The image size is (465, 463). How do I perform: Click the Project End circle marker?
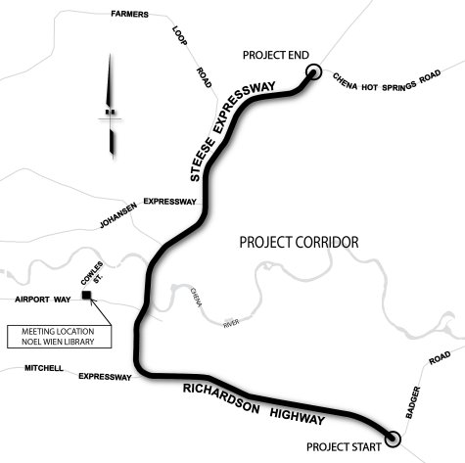tap(313, 71)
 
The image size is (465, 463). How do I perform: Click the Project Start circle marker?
tap(393, 439)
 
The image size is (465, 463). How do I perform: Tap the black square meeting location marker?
tap(86, 295)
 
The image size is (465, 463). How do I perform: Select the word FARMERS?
tap(129, 14)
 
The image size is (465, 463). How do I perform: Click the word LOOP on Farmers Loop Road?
tap(179, 36)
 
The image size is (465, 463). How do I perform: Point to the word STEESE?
tap(203, 160)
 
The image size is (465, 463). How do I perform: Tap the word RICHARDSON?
tap(221, 398)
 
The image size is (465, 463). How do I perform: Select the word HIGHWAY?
tap(298, 417)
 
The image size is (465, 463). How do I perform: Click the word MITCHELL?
tap(44, 368)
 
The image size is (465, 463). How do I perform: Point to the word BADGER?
tap(413, 402)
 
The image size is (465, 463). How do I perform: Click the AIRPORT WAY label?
tap(43, 300)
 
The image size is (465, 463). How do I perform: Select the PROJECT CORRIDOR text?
tap(299, 243)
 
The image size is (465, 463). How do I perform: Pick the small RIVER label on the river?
tap(231, 323)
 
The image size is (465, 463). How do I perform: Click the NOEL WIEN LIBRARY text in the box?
tap(58, 342)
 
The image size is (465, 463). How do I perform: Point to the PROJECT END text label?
tap(276, 55)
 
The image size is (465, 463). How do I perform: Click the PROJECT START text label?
tap(344, 446)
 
